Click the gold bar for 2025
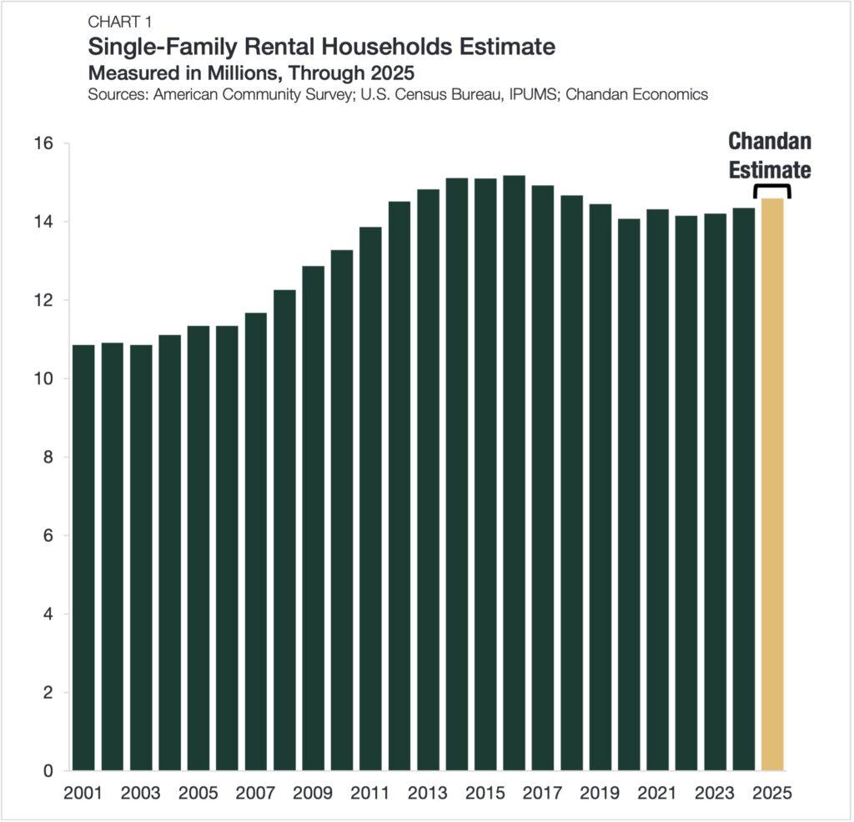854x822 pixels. pyautogui.click(x=772, y=484)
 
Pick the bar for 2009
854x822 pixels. pyautogui.click(x=313, y=518)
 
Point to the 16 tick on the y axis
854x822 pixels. pyautogui.click(x=43, y=143)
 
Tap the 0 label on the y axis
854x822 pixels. pyautogui.click(x=48, y=771)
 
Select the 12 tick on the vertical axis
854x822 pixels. pyautogui.click(x=43, y=300)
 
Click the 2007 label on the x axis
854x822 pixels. pyautogui.click(x=255, y=793)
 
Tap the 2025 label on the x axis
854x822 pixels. pyautogui.click(x=772, y=793)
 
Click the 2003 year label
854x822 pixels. pyautogui.click(x=140, y=793)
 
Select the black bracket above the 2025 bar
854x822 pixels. pyautogui.click(x=772, y=190)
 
